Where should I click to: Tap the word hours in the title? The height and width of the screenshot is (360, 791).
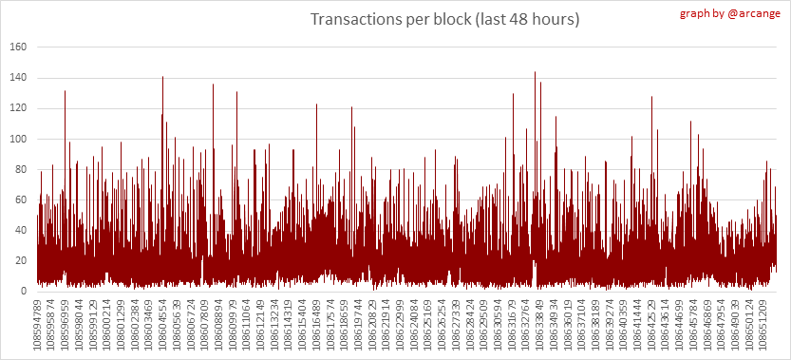[x=554, y=20]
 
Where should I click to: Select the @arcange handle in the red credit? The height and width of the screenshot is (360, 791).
[x=747, y=13]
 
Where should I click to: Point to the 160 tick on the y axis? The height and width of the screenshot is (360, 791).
[x=18, y=47]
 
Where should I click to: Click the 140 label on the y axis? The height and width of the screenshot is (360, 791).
[x=18, y=78]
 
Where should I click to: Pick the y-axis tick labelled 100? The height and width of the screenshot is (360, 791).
[x=18, y=140]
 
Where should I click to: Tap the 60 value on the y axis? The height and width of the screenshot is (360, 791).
[x=20, y=200]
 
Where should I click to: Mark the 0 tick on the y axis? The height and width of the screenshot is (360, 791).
[x=23, y=292]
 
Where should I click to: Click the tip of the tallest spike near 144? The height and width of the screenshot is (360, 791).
[x=535, y=71]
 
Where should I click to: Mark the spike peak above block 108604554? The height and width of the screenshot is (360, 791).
[x=163, y=76]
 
